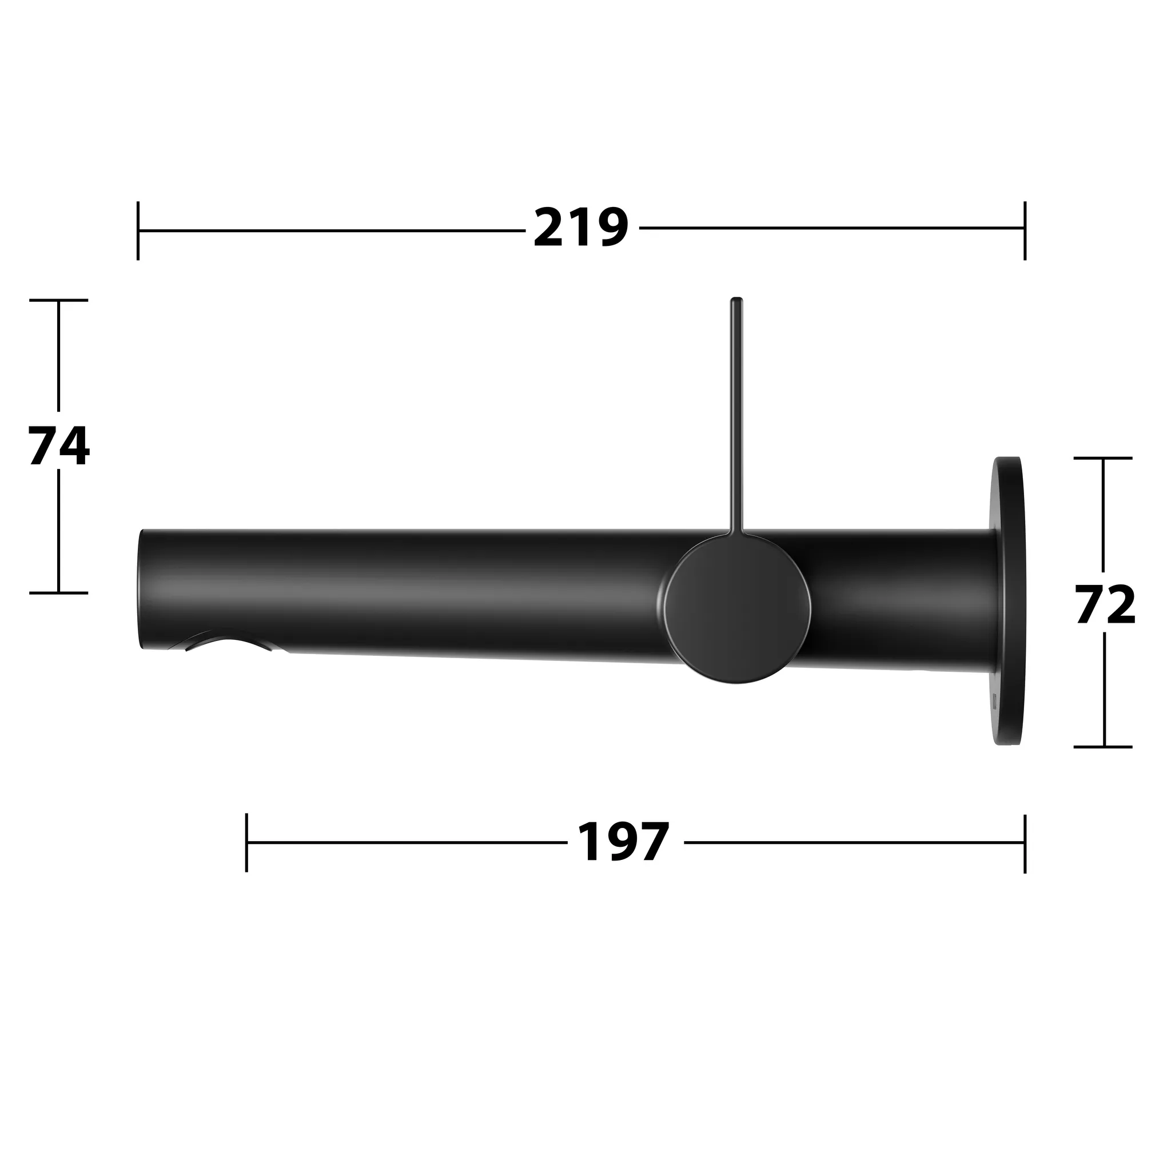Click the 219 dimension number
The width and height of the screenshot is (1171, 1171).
pyautogui.click(x=581, y=228)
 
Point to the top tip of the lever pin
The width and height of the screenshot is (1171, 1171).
pyautogui.click(x=736, y=301)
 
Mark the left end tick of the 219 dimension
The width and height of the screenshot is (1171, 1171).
pyautogui.click(x=138, y=230)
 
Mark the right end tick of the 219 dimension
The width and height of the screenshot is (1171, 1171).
pyautogui.click(x=1024, y=230)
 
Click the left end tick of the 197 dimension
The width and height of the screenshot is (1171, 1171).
pyautogui.click(x=246, y=842)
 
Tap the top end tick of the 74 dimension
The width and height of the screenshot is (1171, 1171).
pyautogui.click(x=59, y=300)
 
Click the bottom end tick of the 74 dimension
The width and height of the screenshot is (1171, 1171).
pyautogui.click(x=59, y=593)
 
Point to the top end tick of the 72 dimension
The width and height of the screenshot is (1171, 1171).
pyautogui.click(x=1103, y=458)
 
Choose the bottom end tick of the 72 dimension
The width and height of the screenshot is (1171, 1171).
pyautogui.click(x=1103, y=747)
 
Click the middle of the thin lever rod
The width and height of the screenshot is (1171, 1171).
pyautogui.click(x=736, y=418)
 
